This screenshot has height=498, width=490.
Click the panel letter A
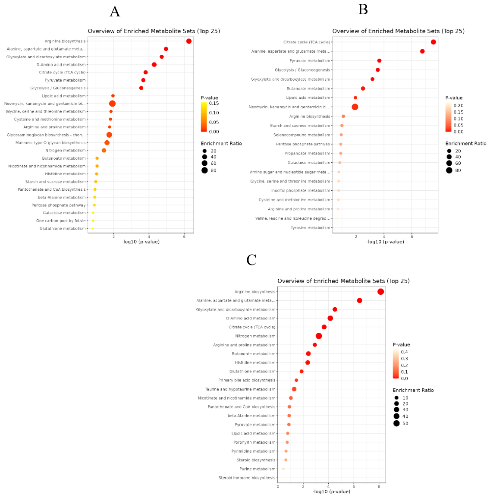click(x=115, y=12)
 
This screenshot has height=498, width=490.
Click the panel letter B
click(x=363, y=9)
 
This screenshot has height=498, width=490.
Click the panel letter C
click(x=251, y=260)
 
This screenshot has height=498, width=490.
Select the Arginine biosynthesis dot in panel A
click(x=188, y=41)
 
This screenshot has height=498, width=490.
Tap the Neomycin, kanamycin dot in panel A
click(x=112, y=104)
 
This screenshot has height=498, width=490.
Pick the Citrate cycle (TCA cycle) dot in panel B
click(x=433, y=42)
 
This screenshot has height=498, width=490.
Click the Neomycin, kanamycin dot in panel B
click(x=355, y=107)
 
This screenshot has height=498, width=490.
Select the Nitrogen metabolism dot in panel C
click(x=319, y=336)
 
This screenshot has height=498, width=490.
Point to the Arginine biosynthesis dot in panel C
click(x=380, y=292)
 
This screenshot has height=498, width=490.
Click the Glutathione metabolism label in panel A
click(x=63, y=229)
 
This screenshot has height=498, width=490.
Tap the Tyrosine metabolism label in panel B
click(x=310, y=228)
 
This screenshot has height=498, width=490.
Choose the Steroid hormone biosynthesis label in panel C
click(x=247, y=478)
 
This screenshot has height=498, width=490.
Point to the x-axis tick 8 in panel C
click(x=379, y=487)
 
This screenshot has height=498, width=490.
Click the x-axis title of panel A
click(x=141, y=242)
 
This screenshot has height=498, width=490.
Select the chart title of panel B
click(x=398, y=31)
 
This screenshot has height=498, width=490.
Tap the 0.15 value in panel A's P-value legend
click(x=214, y=104)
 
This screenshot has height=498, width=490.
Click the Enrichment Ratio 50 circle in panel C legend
click(x=396, y=423)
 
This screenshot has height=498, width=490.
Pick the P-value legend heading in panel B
click(x=454, y=98)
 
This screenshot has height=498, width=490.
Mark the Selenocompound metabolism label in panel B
click(x=302, y=135)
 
